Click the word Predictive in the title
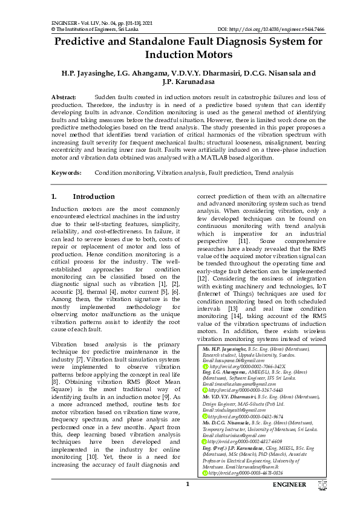click(85, 42)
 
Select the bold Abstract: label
click(64, 97)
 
